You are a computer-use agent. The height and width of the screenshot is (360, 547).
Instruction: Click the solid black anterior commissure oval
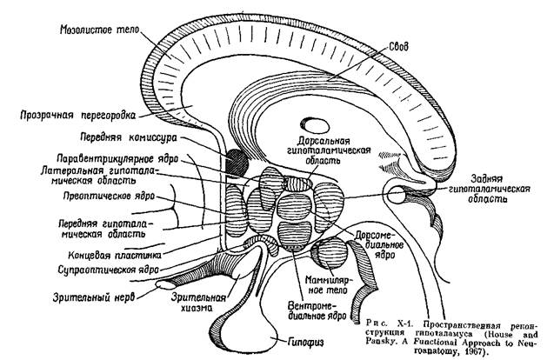[234, 159]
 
